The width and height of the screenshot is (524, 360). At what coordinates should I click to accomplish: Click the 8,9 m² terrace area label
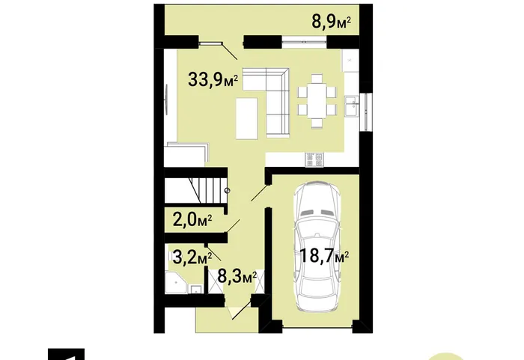[x=331, y=22]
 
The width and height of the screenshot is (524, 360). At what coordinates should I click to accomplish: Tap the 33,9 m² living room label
[x=213, y=80]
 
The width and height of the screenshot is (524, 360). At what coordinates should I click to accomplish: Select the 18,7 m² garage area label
[x=324, y=257]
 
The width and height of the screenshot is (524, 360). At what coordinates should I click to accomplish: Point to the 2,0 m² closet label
[x=192, y=220]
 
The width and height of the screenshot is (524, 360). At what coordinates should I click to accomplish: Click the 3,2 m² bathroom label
[x=192, y=257]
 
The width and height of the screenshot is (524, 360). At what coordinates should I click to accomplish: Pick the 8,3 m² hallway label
[x=237, y=277]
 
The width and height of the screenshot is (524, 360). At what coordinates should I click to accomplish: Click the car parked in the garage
[x=317, y=247]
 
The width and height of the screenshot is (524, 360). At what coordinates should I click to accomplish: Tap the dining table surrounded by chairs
[x=317, y=101]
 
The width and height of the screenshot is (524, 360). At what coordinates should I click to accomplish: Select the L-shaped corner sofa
[x=266, y=103]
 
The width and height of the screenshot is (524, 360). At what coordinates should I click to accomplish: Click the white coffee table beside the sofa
[x=246, y=118]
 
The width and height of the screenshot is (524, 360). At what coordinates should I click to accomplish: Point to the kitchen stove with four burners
[x=314, y=159]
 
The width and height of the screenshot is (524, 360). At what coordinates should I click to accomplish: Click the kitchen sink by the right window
[x=351, y=106]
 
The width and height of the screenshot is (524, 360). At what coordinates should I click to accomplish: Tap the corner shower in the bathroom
[x=176, y=283]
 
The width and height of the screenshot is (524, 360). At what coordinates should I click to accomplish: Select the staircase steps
[x=196, y=190]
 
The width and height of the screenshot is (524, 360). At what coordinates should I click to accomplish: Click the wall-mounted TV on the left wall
[x=166, y=100]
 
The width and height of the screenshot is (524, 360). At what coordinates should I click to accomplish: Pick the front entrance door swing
[x=241, y=310]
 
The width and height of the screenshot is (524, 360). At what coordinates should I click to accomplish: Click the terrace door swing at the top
[x=221, y=49]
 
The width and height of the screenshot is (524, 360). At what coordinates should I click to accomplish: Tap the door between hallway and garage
[x=260, y=192]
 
